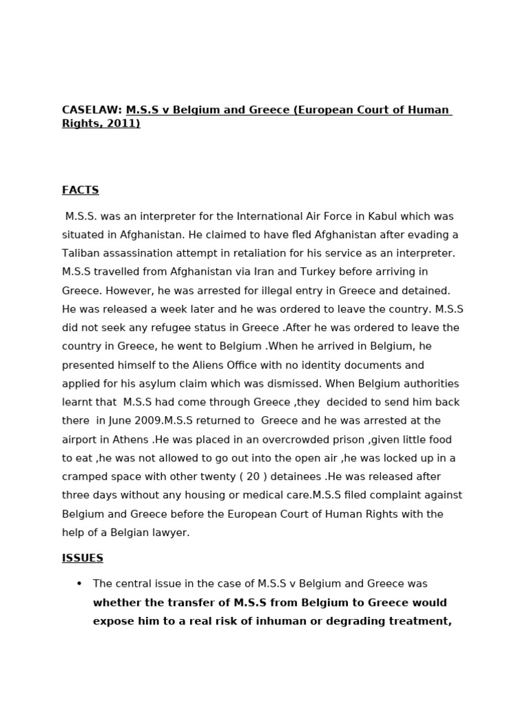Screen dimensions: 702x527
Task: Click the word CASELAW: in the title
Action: [92, 110]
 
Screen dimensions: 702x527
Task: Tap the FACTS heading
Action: [80, 190]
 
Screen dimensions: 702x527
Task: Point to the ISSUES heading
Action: [82, 558]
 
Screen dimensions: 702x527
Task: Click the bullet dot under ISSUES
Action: [79, 584]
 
